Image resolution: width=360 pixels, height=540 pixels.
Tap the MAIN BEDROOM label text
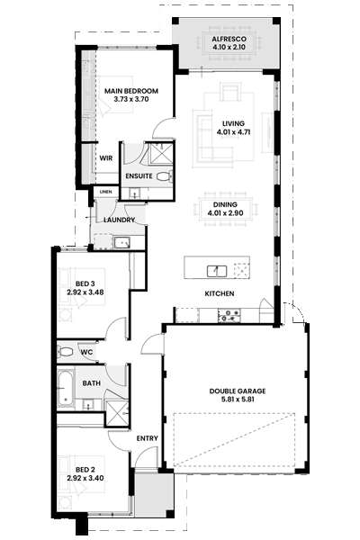[x=131, y=91]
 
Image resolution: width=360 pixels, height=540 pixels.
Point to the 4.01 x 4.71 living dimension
[x=233, y=131]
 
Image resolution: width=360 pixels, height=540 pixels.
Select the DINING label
[x=225, y=204]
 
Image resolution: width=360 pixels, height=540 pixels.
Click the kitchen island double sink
[x=217, y=271]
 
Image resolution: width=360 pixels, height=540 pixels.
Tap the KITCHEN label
[x=220, y=293]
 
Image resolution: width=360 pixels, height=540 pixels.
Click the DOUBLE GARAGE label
[x=238, y=391]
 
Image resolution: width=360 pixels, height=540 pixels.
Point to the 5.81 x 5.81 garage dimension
[x=238, y=400]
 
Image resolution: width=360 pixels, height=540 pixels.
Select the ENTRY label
[x=147, y=438]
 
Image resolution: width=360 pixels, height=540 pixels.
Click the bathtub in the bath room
[x=66, y=388]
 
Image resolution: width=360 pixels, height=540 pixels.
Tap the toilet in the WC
[x=66, y=352]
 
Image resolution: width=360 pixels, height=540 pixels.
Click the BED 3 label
[x=85, y=283]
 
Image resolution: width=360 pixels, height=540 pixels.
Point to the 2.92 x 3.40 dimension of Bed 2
[x=85, y=478]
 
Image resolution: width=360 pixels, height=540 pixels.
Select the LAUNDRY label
[x=119, y=220]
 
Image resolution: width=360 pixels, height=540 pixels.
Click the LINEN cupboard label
[x=106, y=192]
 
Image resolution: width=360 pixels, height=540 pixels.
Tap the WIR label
[x=106, y=158]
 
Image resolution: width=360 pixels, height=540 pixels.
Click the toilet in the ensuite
[x=164, y=176]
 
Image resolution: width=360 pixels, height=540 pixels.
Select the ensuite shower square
[x=160, y=153]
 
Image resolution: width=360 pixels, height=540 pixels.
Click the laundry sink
[x=122, y=242]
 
